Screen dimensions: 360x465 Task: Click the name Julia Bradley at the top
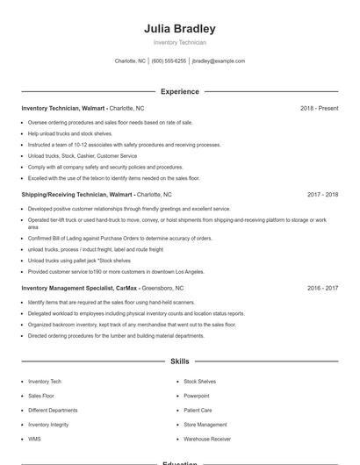[180, 28]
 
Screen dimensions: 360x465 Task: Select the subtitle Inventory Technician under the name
[180, 42]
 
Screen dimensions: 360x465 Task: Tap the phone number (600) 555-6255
[169, 61]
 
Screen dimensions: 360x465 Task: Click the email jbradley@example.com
[218, 61]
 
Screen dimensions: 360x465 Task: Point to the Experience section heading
[180, 91]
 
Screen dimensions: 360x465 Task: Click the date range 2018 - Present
[319, 108]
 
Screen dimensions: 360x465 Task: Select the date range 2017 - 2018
[322, 194]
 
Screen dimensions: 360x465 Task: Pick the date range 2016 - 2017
[322, 288]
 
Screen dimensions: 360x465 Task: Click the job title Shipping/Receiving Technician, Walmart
[77, 194]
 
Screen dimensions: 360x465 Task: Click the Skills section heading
[180, 361]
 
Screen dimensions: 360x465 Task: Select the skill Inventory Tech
[45, 382]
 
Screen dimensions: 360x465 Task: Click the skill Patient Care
[198, 410]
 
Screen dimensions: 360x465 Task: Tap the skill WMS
[34, 439]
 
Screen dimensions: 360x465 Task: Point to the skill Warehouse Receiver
[207, 439]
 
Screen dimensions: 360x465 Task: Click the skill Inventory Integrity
[48, 425]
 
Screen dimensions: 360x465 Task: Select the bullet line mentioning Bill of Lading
[119, 238]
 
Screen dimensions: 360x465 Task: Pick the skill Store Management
[205, 425]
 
